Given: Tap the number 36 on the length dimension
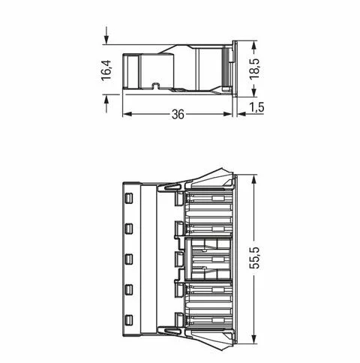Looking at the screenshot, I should (x=178, y=114).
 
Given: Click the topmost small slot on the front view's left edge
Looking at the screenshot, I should (x=128, y=198).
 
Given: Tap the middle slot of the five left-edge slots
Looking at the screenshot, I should (x=128, y=259).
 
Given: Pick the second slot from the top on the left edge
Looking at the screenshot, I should (x=128, y=228).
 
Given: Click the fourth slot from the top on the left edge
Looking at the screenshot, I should (x=128, y=289).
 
